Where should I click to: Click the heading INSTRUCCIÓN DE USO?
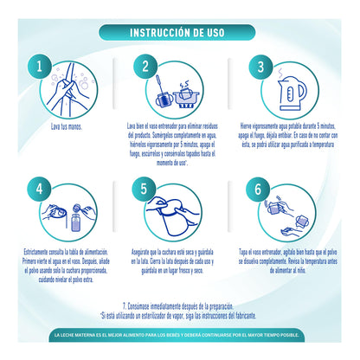coord(179,33)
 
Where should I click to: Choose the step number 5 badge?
coord(140,188)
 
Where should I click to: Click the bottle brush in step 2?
coord(168,92)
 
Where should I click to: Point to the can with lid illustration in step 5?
coord(180,211)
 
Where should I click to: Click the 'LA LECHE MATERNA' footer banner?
coord(180,333)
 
